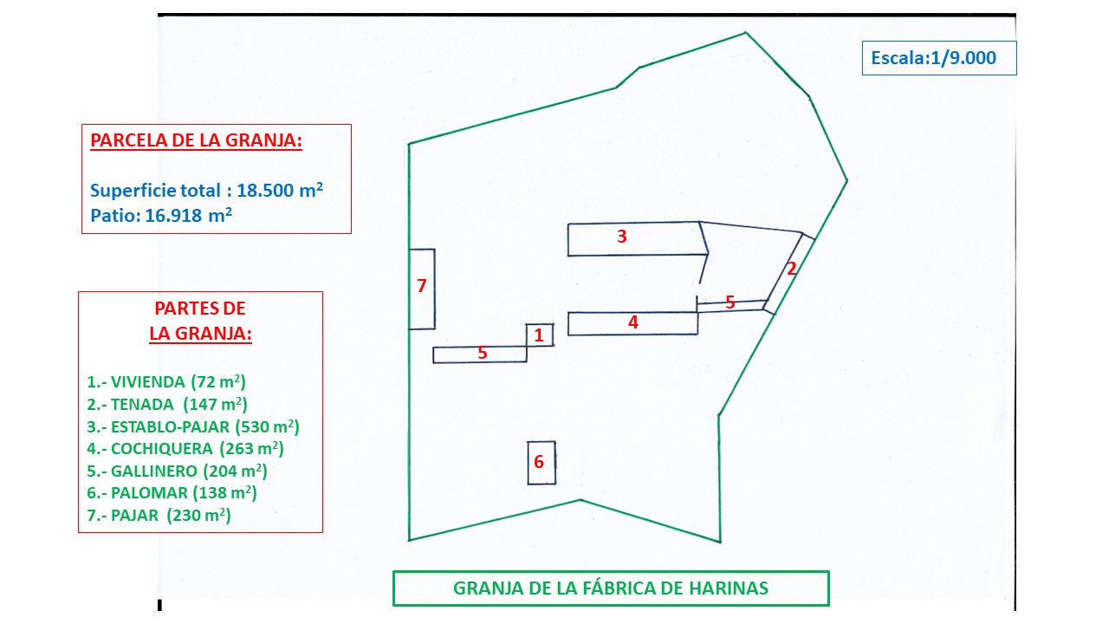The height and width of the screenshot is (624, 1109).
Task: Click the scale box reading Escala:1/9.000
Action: pos(938,58)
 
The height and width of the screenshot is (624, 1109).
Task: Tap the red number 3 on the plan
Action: pos(621,236)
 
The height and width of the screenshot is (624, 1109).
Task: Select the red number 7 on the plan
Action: pos(422,285)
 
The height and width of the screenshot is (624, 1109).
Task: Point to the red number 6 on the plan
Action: pos(539,462)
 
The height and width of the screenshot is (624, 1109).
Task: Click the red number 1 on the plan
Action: pos(539,335)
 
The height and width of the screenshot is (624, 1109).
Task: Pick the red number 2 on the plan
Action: pos(791,269)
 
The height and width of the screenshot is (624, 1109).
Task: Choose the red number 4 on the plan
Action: pos(633,322)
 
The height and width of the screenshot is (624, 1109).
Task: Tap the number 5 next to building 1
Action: pos(483,353)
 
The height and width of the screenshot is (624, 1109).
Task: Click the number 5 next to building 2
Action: pos(730,302)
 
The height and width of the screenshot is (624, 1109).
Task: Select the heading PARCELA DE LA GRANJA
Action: pos(196,141)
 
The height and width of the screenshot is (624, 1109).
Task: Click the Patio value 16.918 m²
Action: pos(184,216)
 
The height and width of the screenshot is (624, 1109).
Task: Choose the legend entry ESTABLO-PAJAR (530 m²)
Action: pos(193,426)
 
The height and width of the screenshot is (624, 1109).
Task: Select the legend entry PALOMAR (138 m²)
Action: pos(172,493)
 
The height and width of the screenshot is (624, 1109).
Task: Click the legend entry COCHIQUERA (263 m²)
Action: pos(185,449)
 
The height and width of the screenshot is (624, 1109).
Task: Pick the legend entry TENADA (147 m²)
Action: pos(167,404)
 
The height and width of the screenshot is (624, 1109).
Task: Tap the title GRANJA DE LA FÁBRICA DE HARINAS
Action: pos(611,588)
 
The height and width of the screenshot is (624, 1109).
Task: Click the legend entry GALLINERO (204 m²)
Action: pos(177,471)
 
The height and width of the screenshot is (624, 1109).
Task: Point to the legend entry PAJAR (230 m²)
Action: pos(159,516)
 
